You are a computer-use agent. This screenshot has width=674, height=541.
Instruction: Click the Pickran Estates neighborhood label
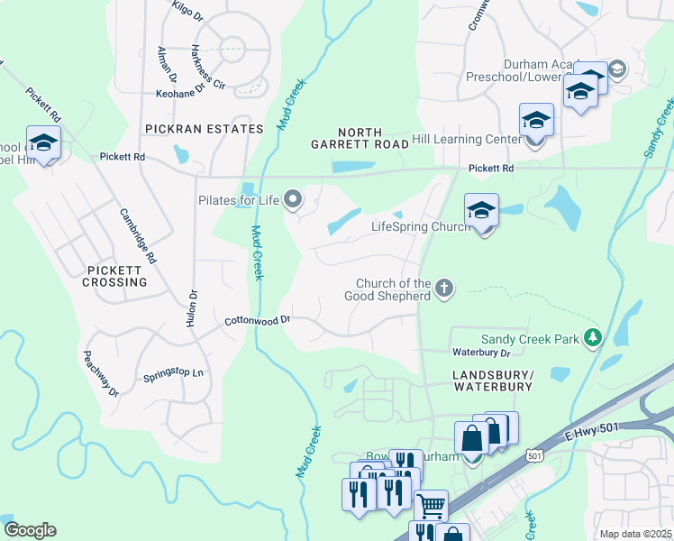[x=203, y=129]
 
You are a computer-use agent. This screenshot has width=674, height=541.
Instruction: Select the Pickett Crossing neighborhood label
[x=117, y=276]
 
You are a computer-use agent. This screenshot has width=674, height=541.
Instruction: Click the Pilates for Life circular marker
[x=292, y=198]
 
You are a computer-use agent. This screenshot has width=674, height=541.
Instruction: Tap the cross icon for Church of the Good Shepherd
[x=442, y=289]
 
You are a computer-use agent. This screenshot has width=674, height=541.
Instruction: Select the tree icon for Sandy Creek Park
[x=592, y=337]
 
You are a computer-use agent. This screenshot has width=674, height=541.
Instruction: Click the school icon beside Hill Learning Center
[x=535, y=119]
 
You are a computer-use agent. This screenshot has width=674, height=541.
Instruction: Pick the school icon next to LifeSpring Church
[x=481, y=211]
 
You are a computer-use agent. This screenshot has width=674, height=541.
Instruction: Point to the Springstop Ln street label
[x=174, y=374]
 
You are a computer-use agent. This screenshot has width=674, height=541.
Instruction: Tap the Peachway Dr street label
[x=101, y=373]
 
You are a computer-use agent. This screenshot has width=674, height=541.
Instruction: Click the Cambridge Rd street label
[x=139, y=236]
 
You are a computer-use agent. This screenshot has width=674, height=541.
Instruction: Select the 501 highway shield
[x=535, y=457]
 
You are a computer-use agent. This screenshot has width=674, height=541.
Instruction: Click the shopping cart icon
[x=431, y=505]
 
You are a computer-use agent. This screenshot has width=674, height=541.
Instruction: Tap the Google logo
[x=30, y=530]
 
